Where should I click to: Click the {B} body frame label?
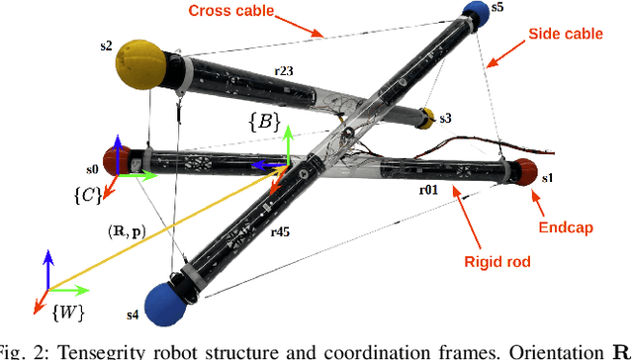tap(263, 123)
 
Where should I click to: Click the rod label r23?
tap(284, 71)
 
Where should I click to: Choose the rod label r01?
tap(428, 189)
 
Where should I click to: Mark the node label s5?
tap(497, 8)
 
